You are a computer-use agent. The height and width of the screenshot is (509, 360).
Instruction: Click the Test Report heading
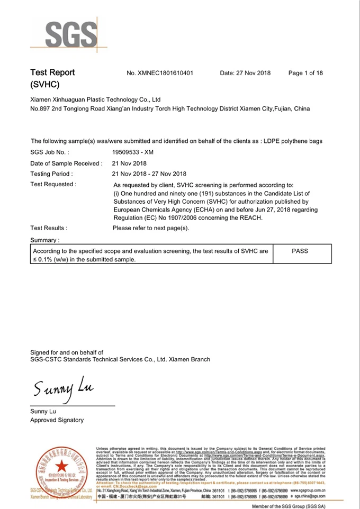coord(52,72)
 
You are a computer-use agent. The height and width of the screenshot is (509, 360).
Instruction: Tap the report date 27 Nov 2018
coord(245,73)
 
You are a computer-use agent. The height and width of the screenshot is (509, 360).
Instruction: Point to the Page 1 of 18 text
coord(305,73)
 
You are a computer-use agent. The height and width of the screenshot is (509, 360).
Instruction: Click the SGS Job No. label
coord(50,152)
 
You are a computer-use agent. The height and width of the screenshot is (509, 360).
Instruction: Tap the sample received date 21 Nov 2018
coord(130,163)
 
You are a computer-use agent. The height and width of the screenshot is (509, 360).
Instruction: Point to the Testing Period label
coord(52,174)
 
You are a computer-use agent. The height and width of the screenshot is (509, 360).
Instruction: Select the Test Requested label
coord(53,184)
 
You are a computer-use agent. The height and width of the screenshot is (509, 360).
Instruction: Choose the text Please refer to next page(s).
coord(151,229)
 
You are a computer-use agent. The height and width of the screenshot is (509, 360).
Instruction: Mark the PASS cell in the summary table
coord(300,251)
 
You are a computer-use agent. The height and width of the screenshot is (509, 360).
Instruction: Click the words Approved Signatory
coord(57,420)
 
